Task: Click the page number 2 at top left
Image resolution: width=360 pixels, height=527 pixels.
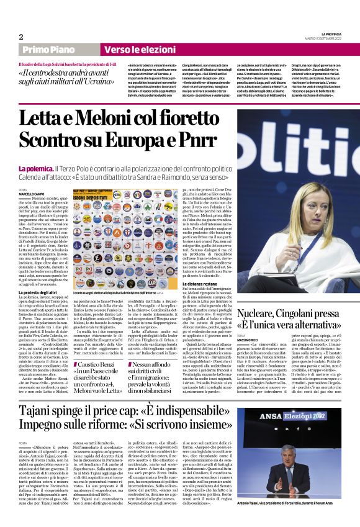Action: (x=20, y=36)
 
